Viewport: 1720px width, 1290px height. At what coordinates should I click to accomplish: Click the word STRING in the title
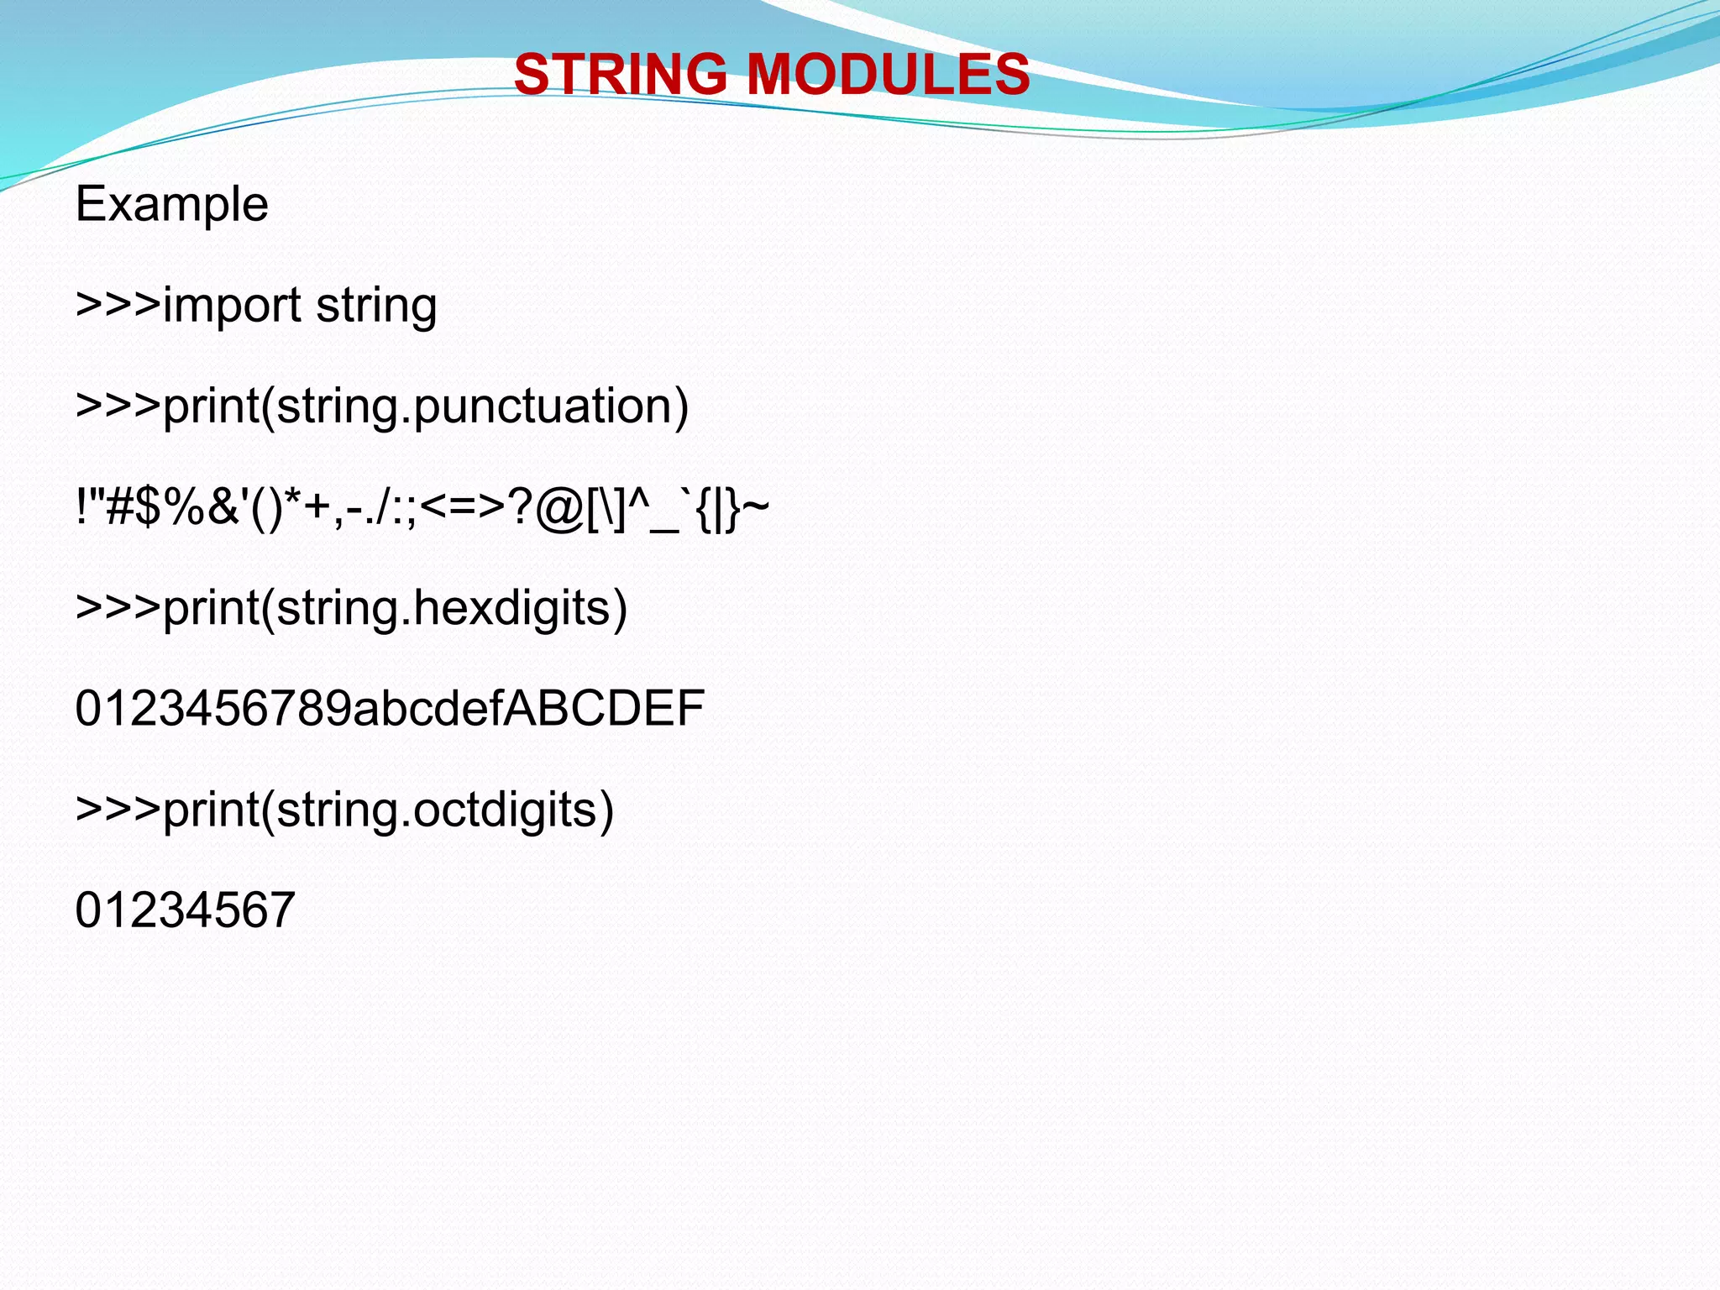tap(620, 74)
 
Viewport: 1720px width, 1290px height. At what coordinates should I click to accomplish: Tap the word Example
tap(171, 204)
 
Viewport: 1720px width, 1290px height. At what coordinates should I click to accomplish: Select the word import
tap(232, 306)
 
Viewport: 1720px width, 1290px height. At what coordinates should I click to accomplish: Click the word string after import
tap(376, 306)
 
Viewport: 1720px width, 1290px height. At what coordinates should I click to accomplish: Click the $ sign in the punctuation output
tap(149, 508)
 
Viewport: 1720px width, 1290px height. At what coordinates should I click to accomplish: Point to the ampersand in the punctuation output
tap(223, 508)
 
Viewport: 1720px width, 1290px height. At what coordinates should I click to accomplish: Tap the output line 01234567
tap(185, 910)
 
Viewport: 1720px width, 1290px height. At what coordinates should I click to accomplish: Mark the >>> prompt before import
tap(118, 304)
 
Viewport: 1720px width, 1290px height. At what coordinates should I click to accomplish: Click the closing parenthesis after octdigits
tap(606, 811)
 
